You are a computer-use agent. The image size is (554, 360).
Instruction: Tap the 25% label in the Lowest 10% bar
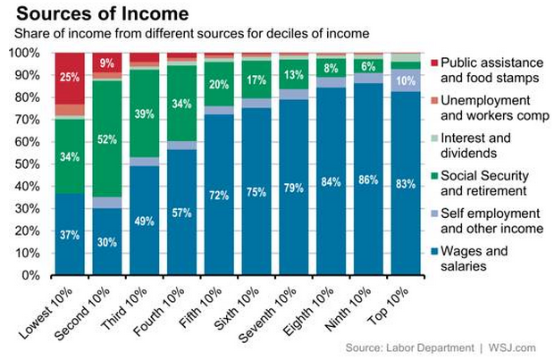70,78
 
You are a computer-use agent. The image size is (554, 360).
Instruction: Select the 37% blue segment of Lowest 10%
70,234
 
